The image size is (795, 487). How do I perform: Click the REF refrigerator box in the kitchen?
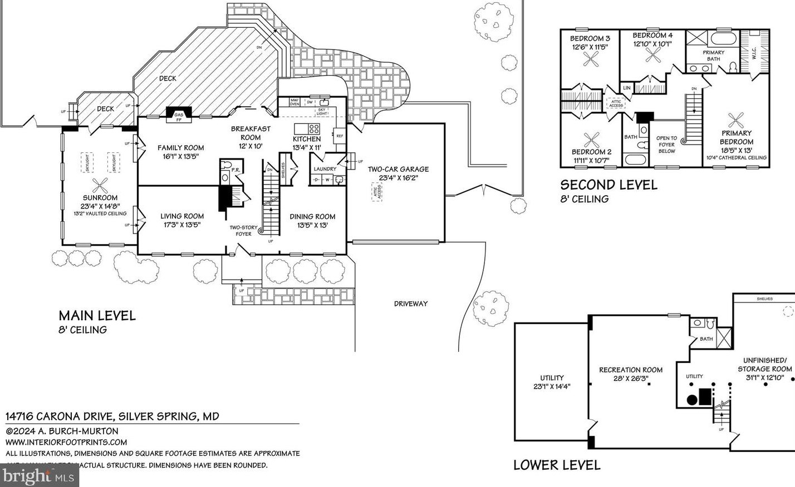[339, 135]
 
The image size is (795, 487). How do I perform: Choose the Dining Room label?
[312, 221]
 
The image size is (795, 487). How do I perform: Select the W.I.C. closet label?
[753, 53]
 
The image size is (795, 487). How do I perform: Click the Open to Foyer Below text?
[666, 144]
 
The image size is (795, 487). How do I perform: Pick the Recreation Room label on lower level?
[631, 374]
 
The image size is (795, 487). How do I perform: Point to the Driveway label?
[411, 304]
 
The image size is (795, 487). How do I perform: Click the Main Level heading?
[97, 316]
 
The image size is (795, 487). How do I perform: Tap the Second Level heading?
[608, 185]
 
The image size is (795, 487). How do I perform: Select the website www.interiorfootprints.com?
[66, 443]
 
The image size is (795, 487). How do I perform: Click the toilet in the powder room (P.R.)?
[225, 178]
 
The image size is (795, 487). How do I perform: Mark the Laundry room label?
[325, 169]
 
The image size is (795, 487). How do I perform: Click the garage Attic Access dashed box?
[379, 192]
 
